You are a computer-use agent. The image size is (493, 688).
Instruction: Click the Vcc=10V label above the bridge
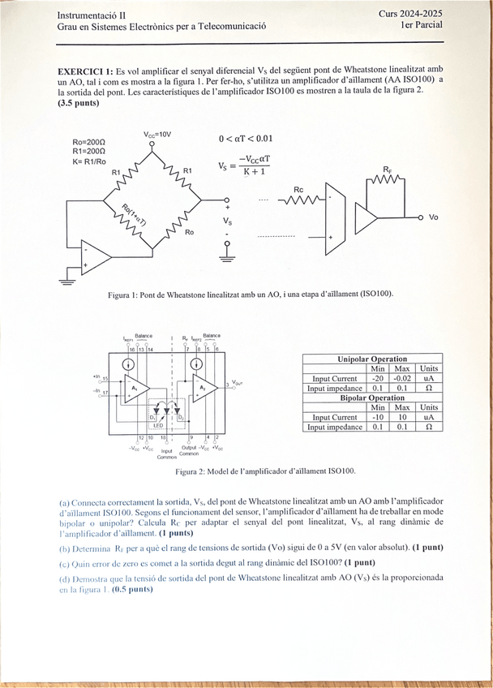pos(157,134)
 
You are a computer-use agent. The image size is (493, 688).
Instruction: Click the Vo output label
pos(434,217)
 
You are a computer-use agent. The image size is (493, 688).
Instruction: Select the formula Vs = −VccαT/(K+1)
pos(244,166)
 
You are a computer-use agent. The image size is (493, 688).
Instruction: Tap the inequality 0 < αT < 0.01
pos(246,138)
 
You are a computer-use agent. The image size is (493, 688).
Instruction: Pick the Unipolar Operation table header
pos(372,359)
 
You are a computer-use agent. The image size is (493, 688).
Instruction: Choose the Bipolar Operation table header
pos(372,398)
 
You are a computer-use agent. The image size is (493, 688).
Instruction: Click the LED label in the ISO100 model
pos(157,424)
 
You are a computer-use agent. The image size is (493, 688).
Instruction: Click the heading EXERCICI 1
pos(85,70)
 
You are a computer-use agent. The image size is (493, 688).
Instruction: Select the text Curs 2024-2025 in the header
pos(410,14)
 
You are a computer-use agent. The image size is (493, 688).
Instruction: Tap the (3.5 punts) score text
pos(78,104)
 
